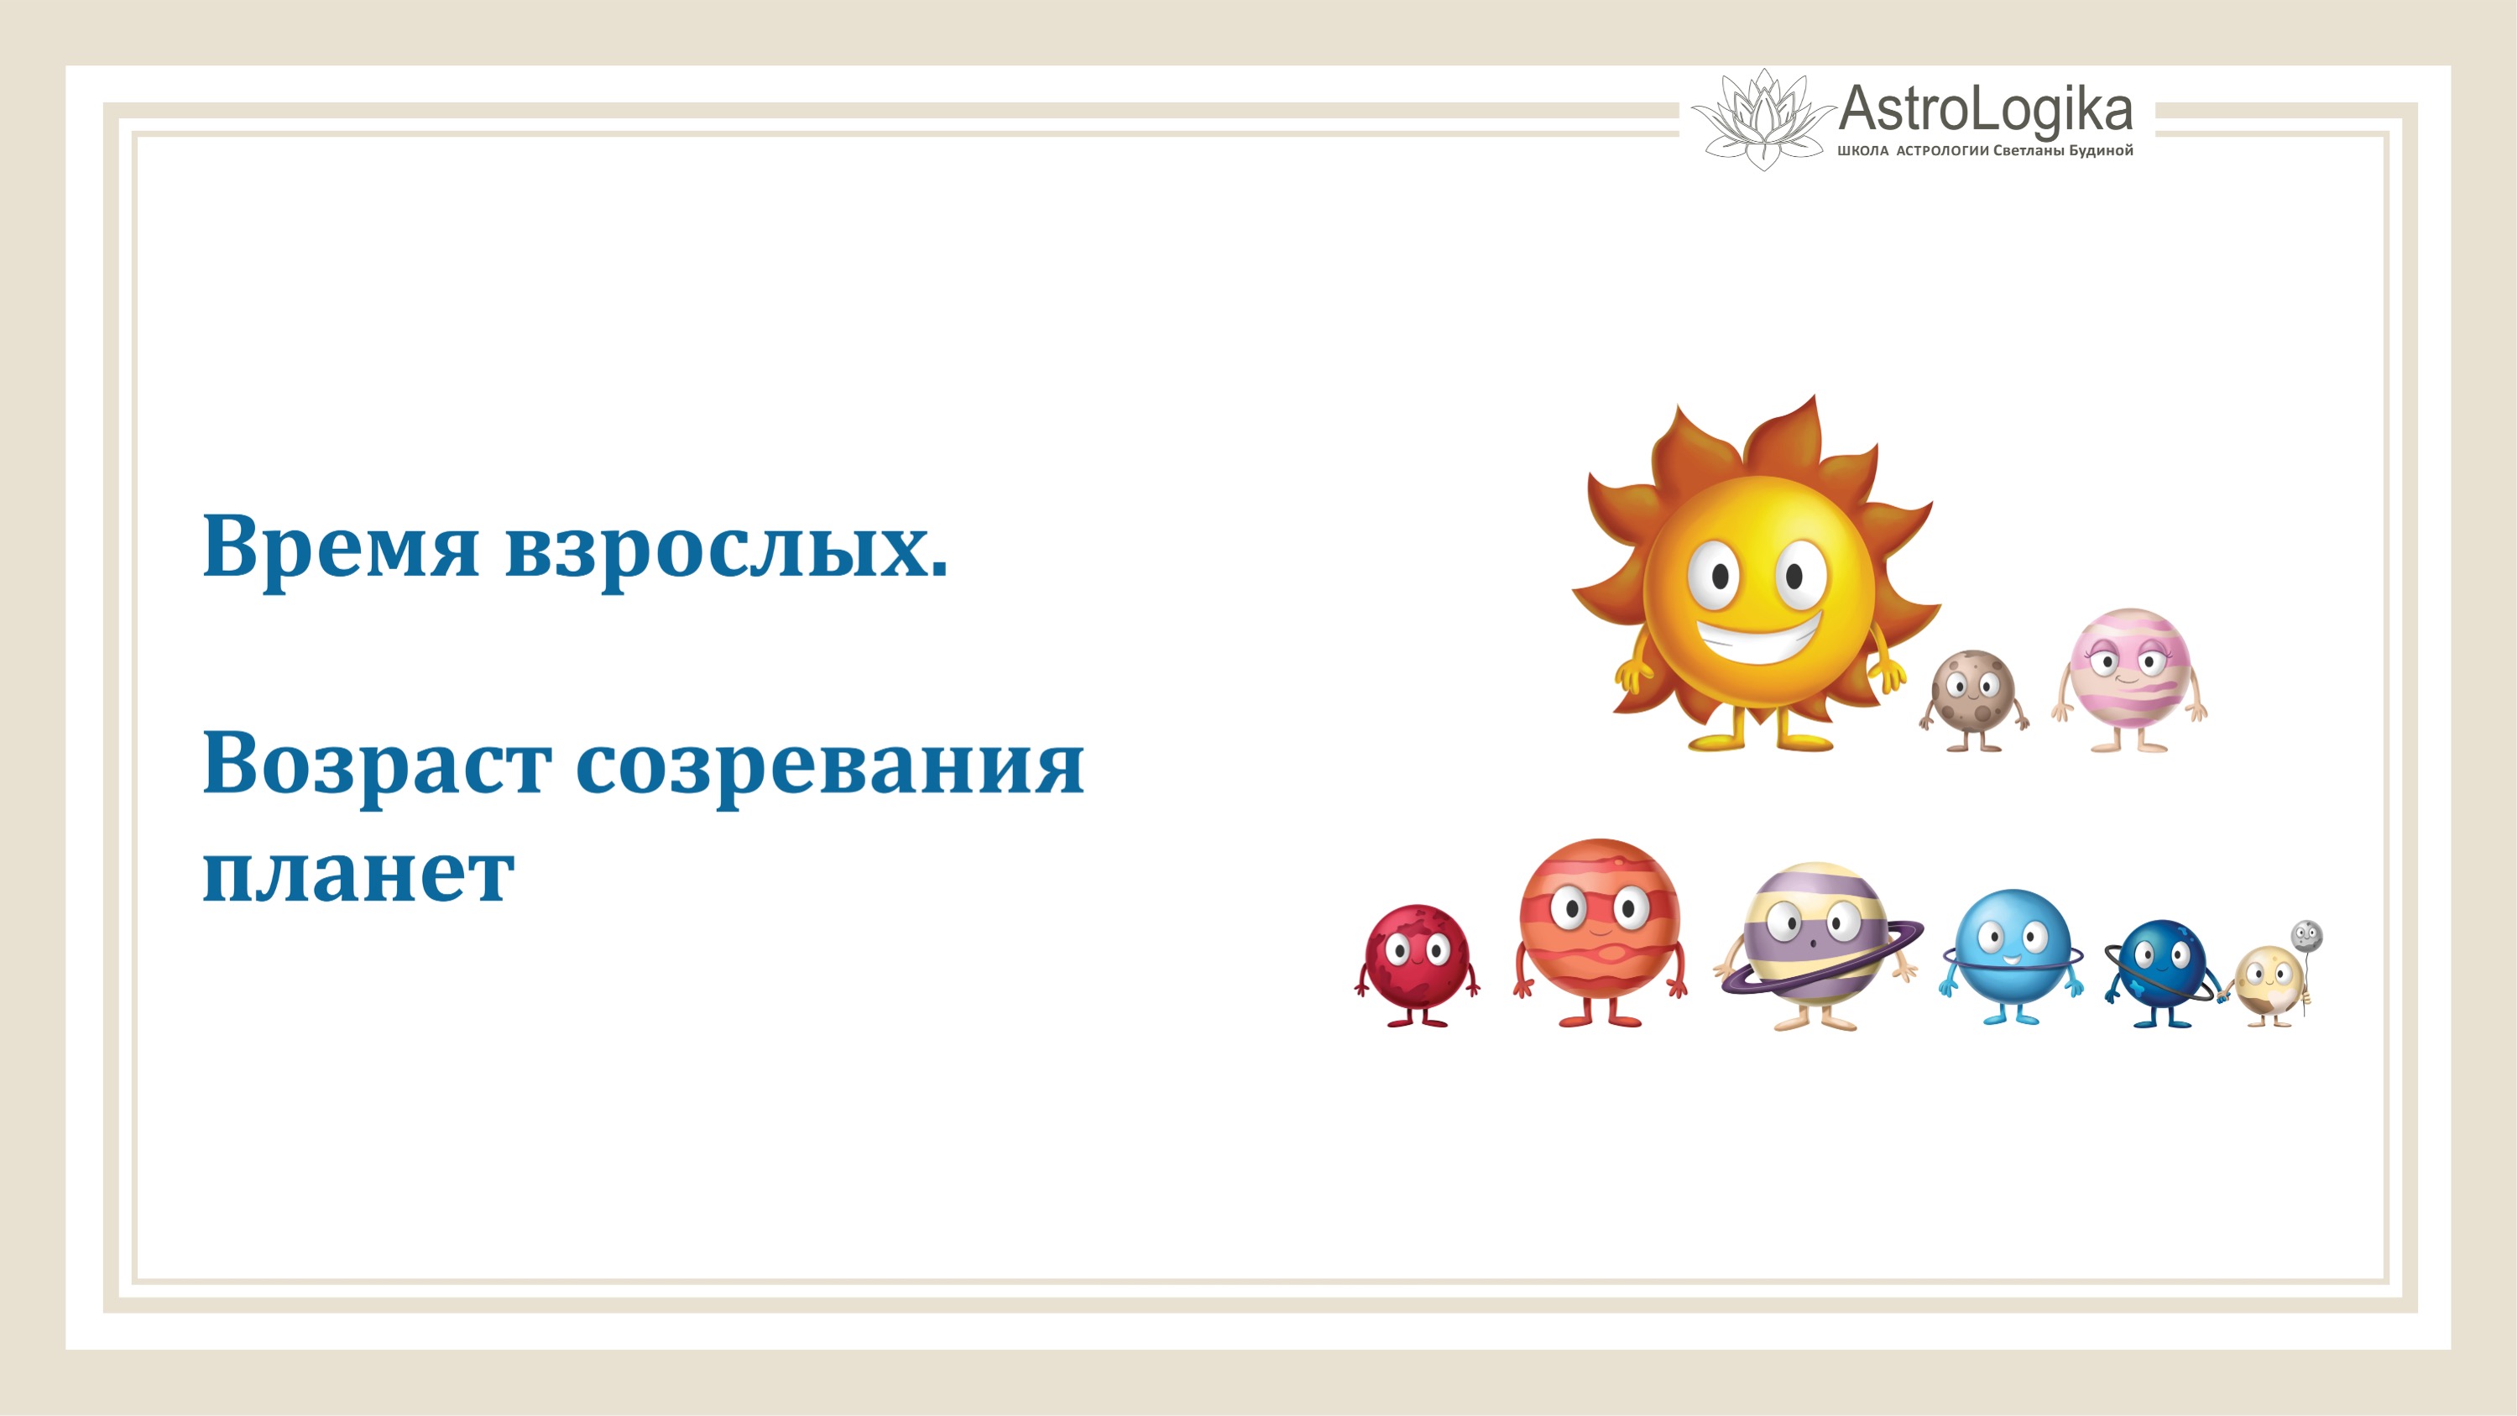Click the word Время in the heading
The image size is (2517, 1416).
pyautogui.click(x=340, y=547)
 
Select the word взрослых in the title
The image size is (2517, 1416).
pyautogui.click(x=725, y=547)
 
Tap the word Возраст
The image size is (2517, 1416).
pyautogui.click(x=375, y=764)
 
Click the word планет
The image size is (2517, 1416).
pyautogui.click(x=358, y=872)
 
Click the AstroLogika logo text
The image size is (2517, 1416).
pyautogui.click(x=1985, y=109)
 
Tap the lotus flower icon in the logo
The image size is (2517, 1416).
pyautogui.click(x=1762, y=119)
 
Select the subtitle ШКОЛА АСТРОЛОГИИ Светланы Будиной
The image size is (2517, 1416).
pyautogui.click(x=1985, y=151)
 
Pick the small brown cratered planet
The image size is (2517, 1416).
pyautogui.click(x=1973, y=695)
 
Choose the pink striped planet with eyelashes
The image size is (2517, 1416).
pyautogui.click(x=2130, y=674)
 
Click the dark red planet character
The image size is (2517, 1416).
pyautogui.click(x=1416, y=959)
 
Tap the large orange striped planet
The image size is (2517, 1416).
pyautogui.click(x=1600, y=923)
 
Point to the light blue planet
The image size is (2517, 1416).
pyautogui.click(x=2011, y=948)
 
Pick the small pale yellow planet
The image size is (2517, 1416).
pyautogui.click(x=2267, y=981)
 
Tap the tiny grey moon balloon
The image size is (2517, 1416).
pyautogui.click(x=2307, y=936)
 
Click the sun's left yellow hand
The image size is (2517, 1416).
pyautogui.click(x=1629, y=673)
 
